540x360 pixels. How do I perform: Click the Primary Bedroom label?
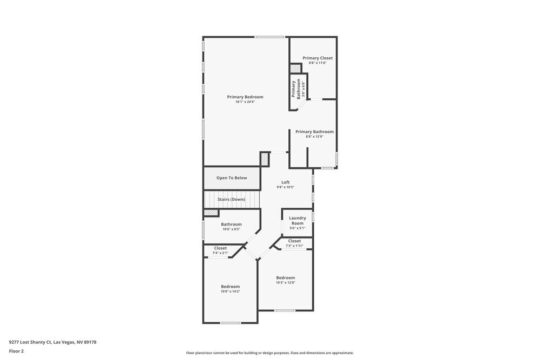[x=245, y=97]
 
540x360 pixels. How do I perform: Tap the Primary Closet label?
[x=318, y=58]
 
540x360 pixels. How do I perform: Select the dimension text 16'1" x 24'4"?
[x=245, y=102]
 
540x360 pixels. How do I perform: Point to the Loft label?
[x=285, y=182]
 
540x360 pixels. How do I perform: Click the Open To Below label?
[x=232, y=178]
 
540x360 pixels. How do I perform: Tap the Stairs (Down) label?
[x=231, y=199]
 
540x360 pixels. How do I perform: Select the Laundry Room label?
[x=297, y=220]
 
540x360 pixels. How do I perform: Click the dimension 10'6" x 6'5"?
[x=231, y=229]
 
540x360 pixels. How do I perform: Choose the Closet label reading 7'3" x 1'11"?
[x=294, y=241]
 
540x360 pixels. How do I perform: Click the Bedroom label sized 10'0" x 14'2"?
[x=230, y=286]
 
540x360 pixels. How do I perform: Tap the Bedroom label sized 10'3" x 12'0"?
[x=285, y=277]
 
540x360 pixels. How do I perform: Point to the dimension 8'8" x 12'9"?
[x=314, y=137]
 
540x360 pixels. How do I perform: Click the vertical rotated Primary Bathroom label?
[x=296, y=89]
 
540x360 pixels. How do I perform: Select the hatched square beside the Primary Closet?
[x=295, y=69]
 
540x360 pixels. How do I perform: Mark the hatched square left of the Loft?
[x=265, y=160]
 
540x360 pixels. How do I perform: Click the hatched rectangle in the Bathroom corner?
[x=211, y=213]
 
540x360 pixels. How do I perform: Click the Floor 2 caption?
[x=16, y=351]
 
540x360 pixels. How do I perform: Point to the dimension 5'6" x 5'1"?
[x=297, y=228]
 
